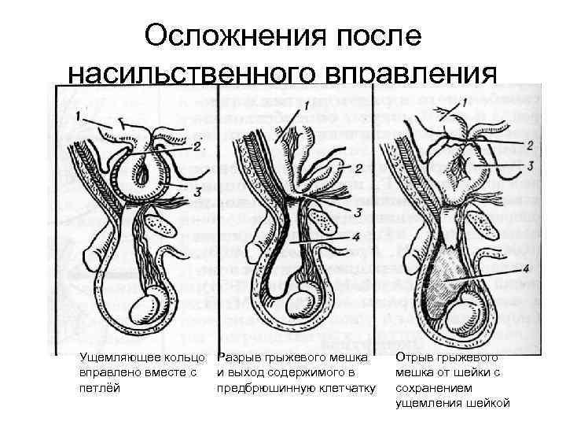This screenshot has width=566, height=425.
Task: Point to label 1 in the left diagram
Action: (x=83, y=116)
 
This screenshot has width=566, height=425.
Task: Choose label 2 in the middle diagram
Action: (x=358, y=168)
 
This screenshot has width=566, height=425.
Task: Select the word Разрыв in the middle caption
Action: (x=239, y=358)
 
